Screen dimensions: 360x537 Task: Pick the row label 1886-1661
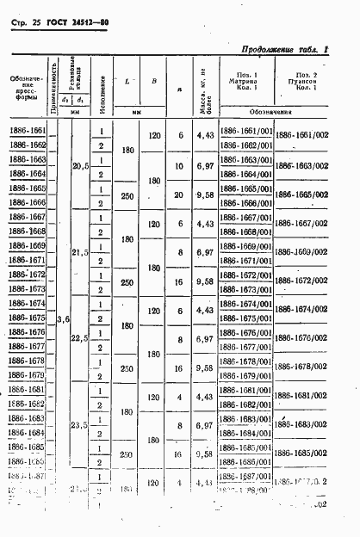[x=28, y=132]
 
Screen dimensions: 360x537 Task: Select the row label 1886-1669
[x=28, y=246]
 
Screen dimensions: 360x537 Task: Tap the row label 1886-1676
[x=28, y=332]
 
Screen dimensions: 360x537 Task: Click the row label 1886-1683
[x=28, y=418]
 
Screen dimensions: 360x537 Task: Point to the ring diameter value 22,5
[x=80, y=338]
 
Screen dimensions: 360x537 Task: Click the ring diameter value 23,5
[x=80, y=425]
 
